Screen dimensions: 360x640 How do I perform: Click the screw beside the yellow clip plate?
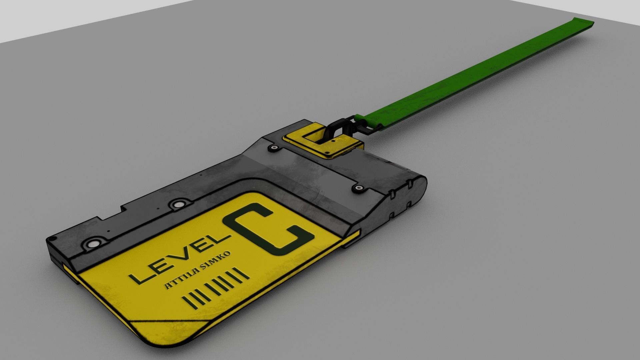coord(274,147)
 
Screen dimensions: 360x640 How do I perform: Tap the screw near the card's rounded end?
coord(359,188)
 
